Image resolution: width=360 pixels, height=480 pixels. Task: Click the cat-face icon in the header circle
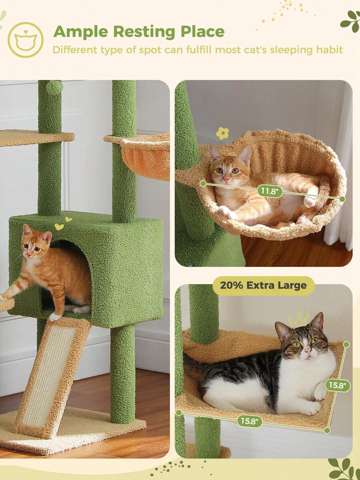pyautogui.click(x=26, y=40)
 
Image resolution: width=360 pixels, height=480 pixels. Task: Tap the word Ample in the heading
pyautogui.click(x=81, y=32)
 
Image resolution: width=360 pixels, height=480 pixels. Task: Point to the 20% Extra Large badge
pyautogui.click(x=264, y=286)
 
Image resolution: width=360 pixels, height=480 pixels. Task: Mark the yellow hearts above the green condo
pyautogui.click(x=63, y=224)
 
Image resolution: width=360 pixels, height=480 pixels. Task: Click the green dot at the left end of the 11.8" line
pyautogui.click(x=203, y=183)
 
